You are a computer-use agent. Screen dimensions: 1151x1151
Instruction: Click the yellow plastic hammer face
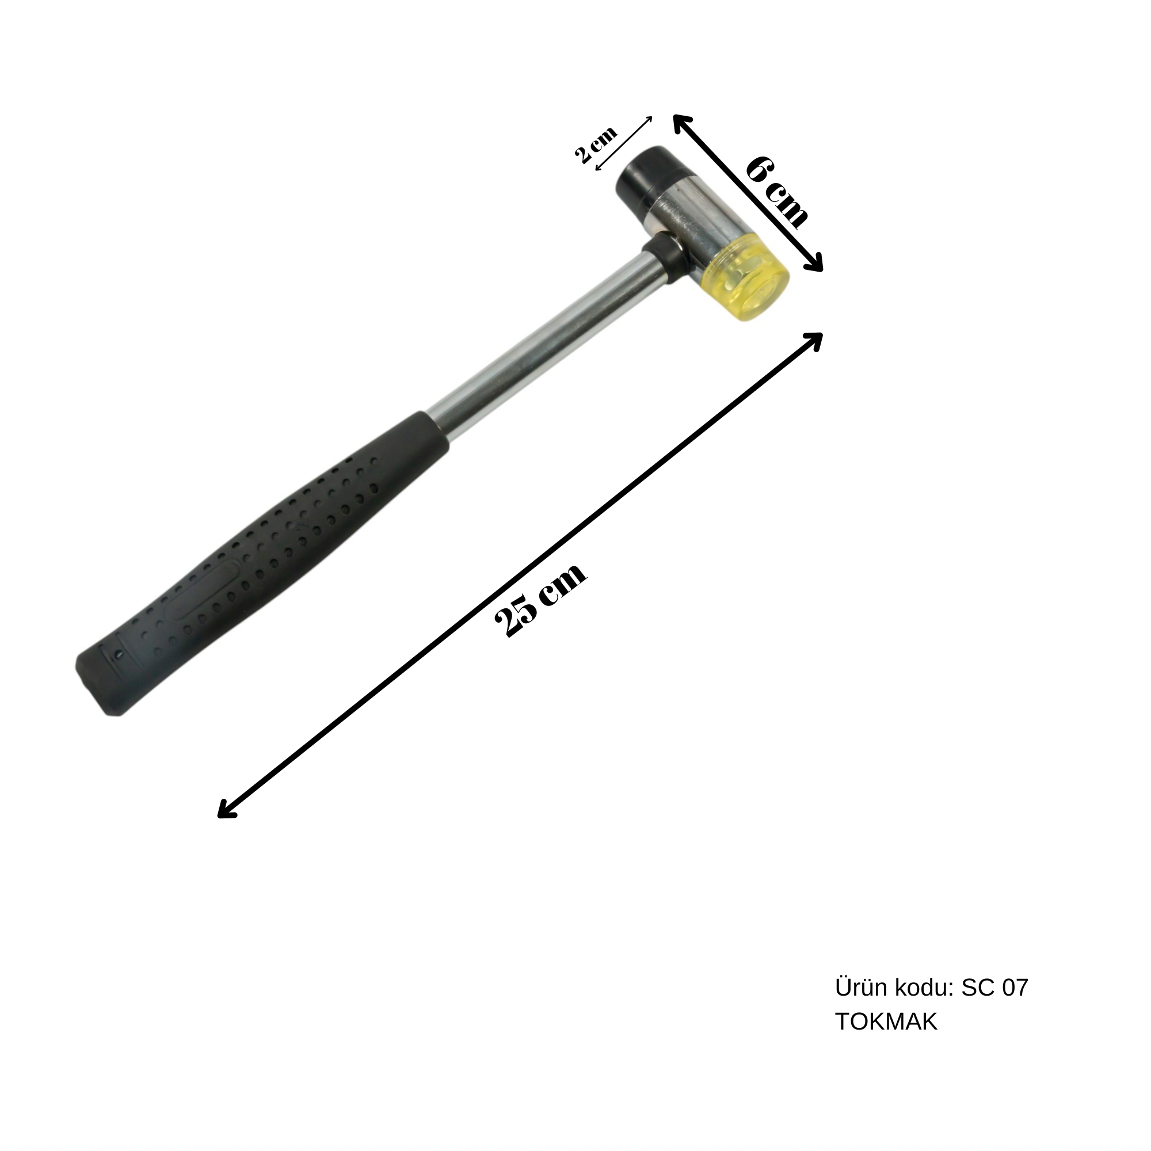[x=748, y=285]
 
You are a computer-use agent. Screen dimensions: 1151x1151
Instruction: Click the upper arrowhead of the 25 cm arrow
[x=814, y=339]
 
